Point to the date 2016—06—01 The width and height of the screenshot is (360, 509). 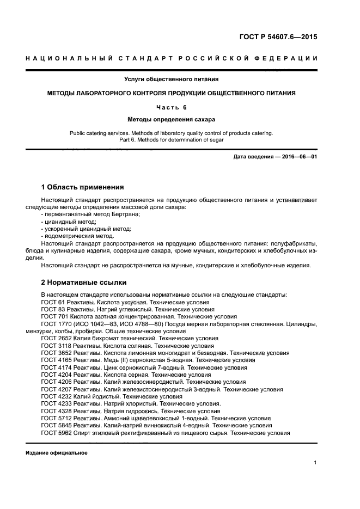tap(298, 157)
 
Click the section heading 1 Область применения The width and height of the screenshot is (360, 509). tap(82, 187)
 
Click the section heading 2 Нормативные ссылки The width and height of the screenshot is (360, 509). tap(84, 282)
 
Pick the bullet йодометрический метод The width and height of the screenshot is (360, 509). tap(77, 236)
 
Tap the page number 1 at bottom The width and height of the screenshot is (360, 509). tap(315, 463)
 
